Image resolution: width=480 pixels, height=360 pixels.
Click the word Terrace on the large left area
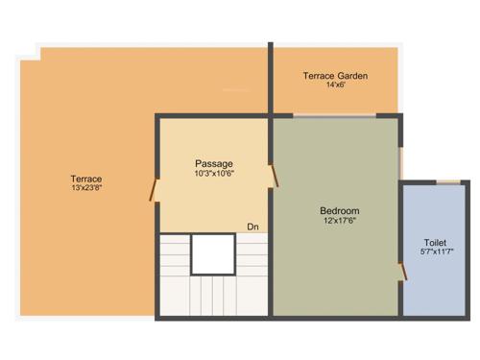click(85, 179)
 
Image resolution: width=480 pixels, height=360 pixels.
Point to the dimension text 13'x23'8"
click(85, 188)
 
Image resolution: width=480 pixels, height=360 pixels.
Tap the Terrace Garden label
click(335, 76)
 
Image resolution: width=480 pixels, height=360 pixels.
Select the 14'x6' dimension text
click(335, 85)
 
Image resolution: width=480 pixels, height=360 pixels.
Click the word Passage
click(213, 163)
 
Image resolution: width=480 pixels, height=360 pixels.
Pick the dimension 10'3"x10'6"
click(213, 174)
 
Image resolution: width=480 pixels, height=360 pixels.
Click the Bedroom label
click(339, 210)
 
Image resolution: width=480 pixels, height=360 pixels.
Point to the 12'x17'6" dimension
click(339, 221)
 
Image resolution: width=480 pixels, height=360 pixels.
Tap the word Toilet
click(435, 242)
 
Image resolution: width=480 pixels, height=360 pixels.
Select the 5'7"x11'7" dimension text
click(435, 252)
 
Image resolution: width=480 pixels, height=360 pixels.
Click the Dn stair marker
click(252, 227)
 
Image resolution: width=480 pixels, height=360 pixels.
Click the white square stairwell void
click(212, 254)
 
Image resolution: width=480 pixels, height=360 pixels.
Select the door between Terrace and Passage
click(154, 188)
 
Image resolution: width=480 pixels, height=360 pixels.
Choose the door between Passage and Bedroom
click(275, 174)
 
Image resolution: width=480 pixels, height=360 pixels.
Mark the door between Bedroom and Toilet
click(403, 272)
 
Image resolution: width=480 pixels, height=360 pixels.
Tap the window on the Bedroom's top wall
click(334, 116)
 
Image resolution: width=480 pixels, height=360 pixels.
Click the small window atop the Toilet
click(448, 180)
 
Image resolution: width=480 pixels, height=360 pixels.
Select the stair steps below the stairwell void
click(212, 294)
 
